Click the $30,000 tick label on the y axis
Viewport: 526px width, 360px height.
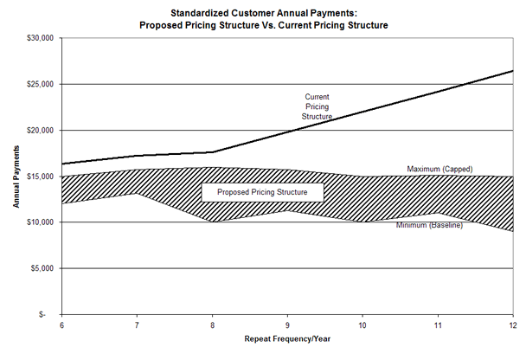coord(40,38)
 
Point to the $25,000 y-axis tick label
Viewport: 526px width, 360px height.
coord(40,84)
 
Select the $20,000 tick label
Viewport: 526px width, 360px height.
coord(40,130)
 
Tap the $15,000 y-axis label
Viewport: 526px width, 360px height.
coord(40,176)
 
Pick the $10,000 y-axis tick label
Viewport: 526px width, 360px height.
coord(40,222)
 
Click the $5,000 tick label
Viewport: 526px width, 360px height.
coord(42,268)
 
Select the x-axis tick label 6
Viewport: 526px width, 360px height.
coord(61,325)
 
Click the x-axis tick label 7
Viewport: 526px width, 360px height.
coord(136,325)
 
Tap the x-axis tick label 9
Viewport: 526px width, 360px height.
coord(286,325)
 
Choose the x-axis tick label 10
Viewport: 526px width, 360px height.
coord(362,325)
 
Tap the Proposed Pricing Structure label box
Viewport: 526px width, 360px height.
coord(262,191)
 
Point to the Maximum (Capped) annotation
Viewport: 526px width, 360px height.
coord(439,169)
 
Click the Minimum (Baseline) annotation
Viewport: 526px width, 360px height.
coord(429,226)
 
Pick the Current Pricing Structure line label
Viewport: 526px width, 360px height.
coord(318,106)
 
